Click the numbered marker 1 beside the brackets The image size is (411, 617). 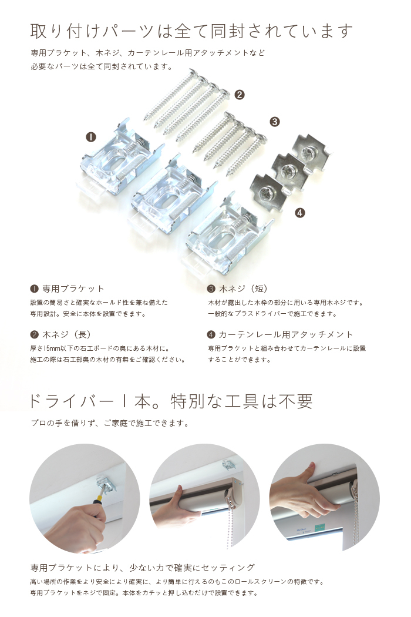(x=91, y=137)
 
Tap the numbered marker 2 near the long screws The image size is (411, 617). (x=239, y=94)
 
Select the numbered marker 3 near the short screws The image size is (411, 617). (x=274, y=122)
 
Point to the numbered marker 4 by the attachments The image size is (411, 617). (x=300, y=213)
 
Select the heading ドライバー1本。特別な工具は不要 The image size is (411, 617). (x=170, y=401)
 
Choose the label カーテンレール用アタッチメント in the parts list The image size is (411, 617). (x=286, y=334)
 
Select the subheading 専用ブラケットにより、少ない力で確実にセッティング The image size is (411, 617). (x=143, y=568)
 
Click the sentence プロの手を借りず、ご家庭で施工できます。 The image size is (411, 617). (x=110, y=423)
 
